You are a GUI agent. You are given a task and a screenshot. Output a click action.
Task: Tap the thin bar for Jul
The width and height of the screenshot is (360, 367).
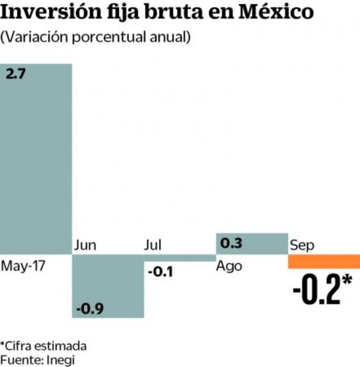point(180,257)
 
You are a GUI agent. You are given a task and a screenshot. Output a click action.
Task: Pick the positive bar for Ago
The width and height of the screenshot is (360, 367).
point(251,243)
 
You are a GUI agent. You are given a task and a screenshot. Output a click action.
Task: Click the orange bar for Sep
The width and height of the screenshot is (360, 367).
point(323,261)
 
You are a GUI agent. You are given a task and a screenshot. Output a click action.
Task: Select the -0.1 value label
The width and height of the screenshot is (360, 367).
point(160,272)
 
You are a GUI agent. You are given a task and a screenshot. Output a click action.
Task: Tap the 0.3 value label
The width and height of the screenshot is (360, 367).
point(232,243)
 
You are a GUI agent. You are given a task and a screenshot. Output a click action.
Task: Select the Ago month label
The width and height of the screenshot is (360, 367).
point(229,266)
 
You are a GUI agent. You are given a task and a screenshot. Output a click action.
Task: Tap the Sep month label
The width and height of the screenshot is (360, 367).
point(301,245)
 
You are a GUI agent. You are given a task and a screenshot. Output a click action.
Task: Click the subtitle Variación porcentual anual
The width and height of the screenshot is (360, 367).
point(96,37)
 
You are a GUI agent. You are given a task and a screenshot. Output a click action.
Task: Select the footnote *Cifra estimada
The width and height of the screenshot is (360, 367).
point(43,346)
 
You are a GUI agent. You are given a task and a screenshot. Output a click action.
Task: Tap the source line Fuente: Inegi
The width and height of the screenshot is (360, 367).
point(38,359)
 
